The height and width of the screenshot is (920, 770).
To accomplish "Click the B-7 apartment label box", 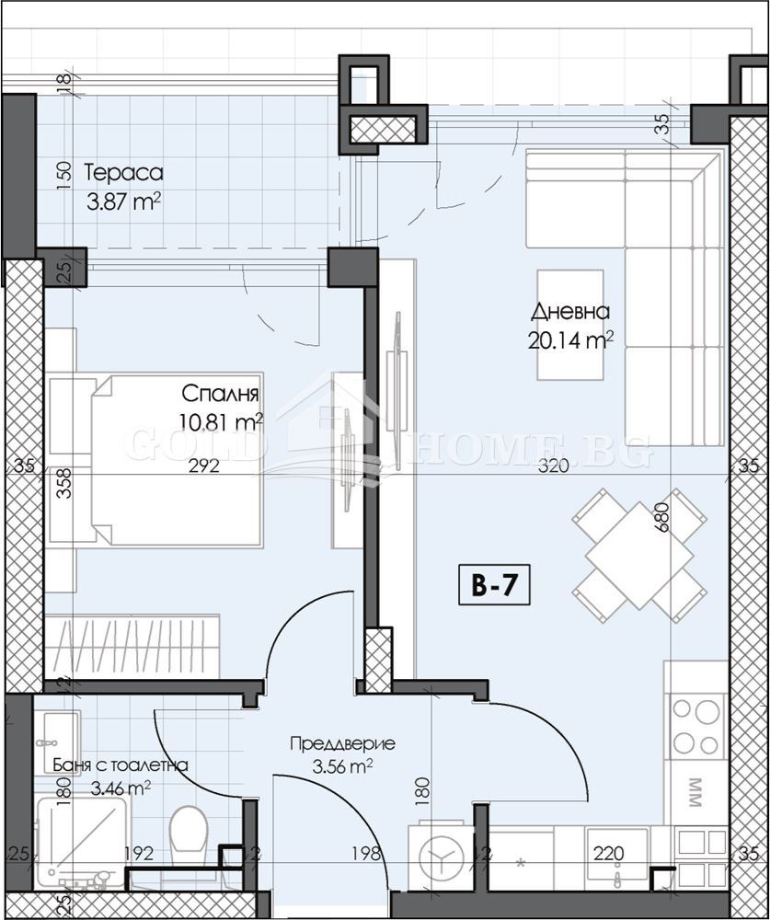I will click(x=495, y=587).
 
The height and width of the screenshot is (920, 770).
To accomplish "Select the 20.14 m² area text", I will click(x=570, y=341).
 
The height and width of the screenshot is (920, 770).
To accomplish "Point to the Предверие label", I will click(x=341, y=744).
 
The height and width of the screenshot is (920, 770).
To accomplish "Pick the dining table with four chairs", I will click(x=626, y=555).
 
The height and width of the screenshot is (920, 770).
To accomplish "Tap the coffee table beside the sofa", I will click(x=570, y=324).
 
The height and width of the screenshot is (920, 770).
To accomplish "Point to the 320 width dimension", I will click(x=553, y=466).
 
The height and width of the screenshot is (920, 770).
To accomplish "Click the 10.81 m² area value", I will click(x=222, y=422).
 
